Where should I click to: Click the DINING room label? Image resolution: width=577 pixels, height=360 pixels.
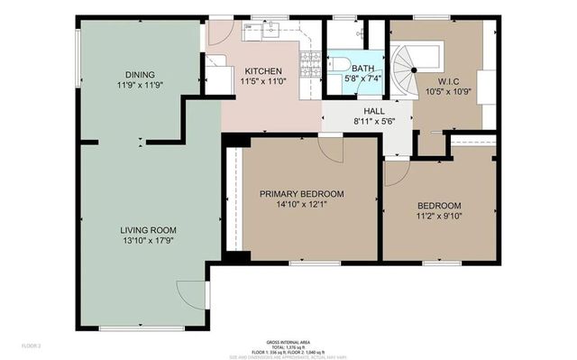(x=139, y=75)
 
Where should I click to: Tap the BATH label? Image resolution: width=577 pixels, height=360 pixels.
(x=362, y=68)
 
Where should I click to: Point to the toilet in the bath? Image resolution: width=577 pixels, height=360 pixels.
(x=339, y=64)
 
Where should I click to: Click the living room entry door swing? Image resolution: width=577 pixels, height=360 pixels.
(x=192, y=294)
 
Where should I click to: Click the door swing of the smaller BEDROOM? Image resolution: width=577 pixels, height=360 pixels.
(x=397, y=172)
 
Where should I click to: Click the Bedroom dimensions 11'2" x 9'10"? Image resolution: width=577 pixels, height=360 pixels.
(x=439, y=216)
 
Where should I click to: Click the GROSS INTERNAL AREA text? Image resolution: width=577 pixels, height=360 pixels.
(x=288, y=342)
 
